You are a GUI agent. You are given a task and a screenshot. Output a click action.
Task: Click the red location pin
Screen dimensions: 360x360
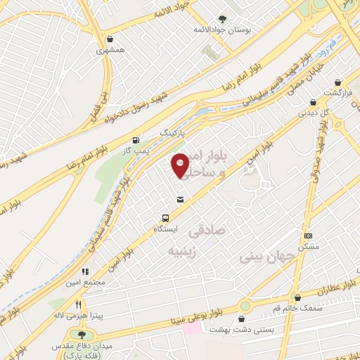(181, 165)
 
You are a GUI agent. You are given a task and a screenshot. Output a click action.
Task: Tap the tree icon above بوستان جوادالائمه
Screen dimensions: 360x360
(223, 19)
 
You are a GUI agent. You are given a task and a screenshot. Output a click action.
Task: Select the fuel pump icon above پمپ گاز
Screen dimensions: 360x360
(145, 139)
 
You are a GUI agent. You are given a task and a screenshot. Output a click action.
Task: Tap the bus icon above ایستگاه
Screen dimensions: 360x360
(166, 218)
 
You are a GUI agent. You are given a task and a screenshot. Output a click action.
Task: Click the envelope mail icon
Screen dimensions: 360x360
(181, 200)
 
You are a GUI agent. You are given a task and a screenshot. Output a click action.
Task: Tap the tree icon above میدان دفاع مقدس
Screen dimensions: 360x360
(82, 335)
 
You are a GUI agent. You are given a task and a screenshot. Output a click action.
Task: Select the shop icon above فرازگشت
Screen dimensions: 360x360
(339, 82)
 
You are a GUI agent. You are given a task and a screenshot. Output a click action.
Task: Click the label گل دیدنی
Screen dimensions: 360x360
(313, 111)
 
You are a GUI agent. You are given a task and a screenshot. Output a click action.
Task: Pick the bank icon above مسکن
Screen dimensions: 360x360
(308, 236)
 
